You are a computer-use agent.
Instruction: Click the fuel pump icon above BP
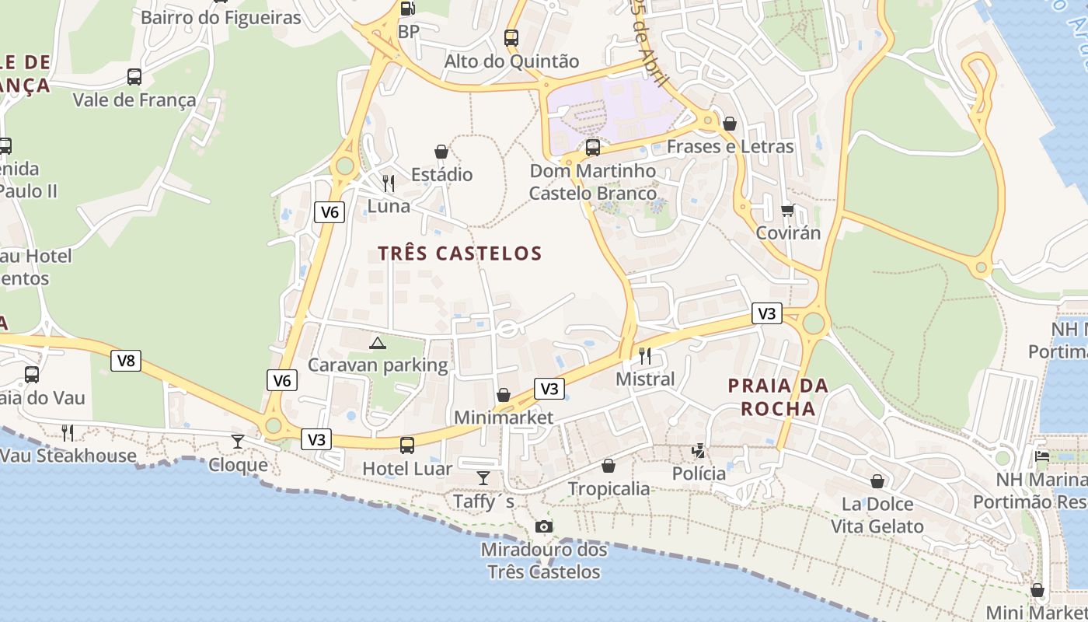tap(407, 9)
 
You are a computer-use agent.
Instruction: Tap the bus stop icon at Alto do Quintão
tap(511, 37)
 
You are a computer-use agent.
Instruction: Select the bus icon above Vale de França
tap(134, 76)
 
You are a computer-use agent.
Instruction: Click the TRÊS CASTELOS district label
tap(459, 253)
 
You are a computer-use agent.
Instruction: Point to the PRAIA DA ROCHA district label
tap(777, 397)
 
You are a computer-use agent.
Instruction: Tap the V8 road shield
tap(126, 361)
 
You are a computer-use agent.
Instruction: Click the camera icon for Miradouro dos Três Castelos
tap(544, 527)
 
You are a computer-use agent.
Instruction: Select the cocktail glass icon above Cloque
tap(238, 442)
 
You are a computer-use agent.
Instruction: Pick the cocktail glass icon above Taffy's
tap(483, 477)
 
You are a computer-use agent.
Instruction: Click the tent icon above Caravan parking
tap(378, 343)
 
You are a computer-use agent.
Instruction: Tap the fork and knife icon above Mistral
tap(645, 356)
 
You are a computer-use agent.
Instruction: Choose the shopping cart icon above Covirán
tap(788, 210)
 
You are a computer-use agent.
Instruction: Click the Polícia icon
tap(699, 450)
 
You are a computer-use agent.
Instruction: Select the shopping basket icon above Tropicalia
tap(609, 466)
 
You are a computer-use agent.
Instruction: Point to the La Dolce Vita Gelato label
tap(877, 515)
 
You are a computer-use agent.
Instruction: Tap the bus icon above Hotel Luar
tap(407, 446)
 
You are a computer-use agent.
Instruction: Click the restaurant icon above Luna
tap(389, 183)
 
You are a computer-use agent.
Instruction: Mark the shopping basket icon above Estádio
tap(441, 151)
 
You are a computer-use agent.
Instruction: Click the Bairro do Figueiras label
tap(221, 17)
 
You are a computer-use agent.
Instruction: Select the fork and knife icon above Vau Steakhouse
tap(68, 432)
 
